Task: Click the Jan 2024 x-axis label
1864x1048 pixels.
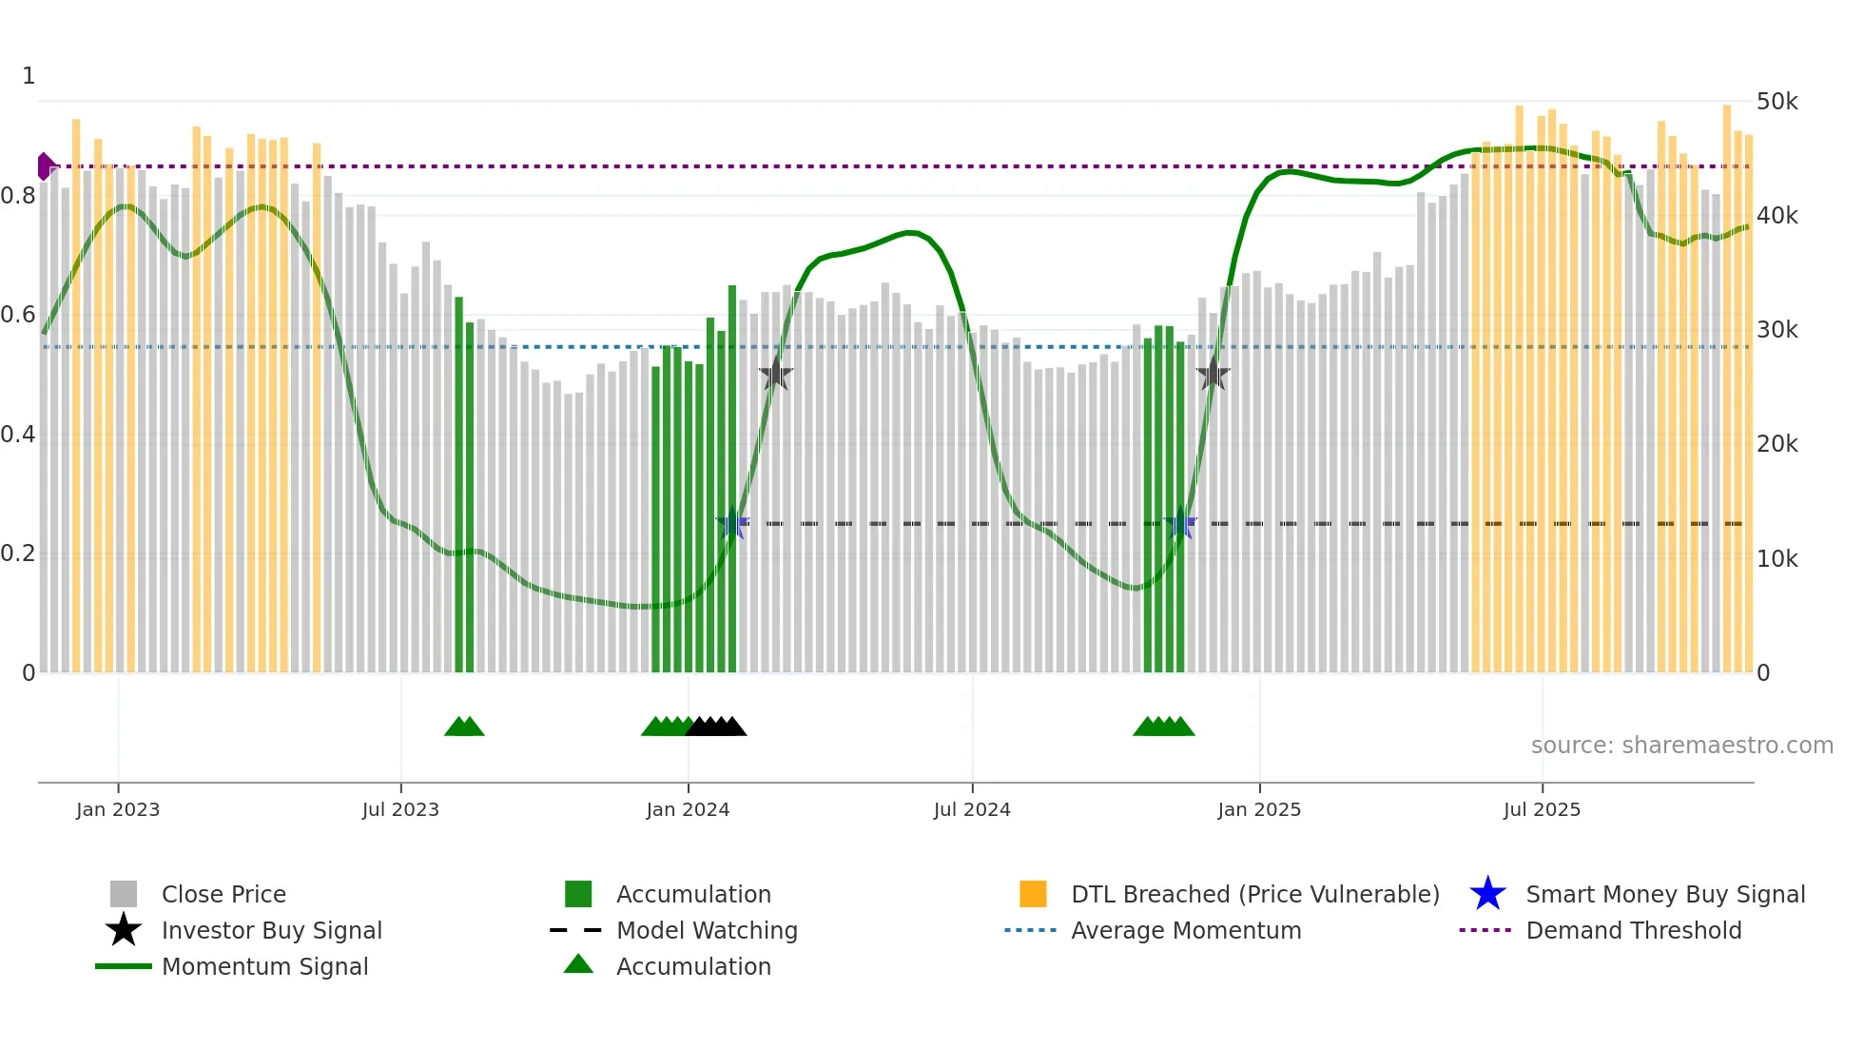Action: (x=688, y=809)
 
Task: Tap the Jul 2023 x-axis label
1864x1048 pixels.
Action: (x=400, y=809)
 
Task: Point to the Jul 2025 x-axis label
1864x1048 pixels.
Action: (x=1542, y=809)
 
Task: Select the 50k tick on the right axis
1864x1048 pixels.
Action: (x=1777, y=101)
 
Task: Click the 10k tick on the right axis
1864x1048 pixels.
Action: (x=1777, y=558)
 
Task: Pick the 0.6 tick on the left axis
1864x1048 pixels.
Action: (x=18, y=315)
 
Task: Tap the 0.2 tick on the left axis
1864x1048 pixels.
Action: (x=18, y=553)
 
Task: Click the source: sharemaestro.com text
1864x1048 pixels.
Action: (x=1681, y=745)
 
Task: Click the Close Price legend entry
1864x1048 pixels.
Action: (x=223, y=894)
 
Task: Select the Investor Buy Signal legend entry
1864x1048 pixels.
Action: (x=271, y=930)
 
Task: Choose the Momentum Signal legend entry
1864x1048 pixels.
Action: (x=264, y=966)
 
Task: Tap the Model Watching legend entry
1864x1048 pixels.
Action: (x=707, y=930)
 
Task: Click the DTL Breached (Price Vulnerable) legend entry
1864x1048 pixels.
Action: (x=1254, y=894)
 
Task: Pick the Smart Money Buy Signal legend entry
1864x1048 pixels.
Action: (x=1665, y=894)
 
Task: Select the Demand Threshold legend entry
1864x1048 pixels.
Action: (x=1633, y=930)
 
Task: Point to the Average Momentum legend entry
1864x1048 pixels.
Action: (x=1185, y=930)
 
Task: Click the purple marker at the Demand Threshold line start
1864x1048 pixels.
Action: (x=46, y=166)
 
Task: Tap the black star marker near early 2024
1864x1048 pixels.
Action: (x=775, y=374)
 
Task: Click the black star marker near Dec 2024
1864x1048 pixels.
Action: (x=1213, y=374)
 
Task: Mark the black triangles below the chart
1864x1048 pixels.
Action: (x=716, y=727)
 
